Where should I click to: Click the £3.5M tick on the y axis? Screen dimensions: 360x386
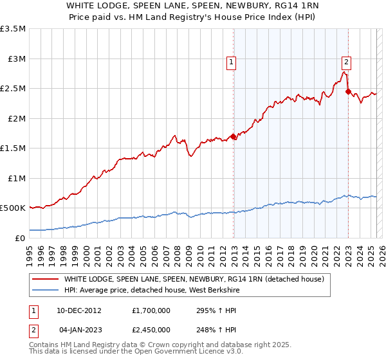[x=13, y=29]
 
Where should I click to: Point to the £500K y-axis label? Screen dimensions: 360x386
[x=13, y=208]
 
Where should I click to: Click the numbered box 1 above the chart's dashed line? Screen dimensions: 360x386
[x=231, y=62]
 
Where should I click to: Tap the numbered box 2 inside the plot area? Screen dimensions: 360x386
[x=346, y=62]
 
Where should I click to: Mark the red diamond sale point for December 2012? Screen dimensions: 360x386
[x=234, y=136]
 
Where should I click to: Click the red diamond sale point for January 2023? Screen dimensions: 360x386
[x=348, y=92]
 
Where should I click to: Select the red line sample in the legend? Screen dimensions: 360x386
[x=45, y=279]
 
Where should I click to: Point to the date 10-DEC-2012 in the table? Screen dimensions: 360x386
[x=82, y=310]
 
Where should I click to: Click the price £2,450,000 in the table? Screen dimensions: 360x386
[x=152, y=329]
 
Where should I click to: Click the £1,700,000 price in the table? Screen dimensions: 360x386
[x=152, y=310]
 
